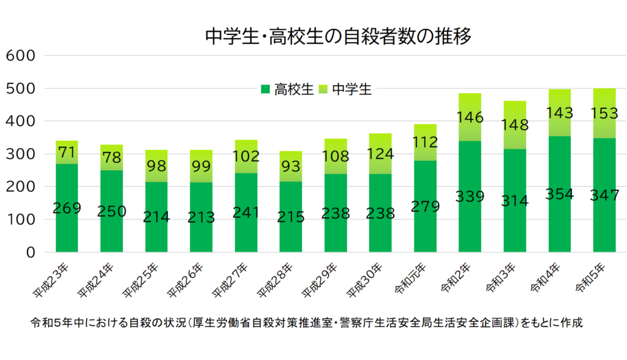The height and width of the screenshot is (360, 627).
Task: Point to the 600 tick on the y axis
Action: (21, 56)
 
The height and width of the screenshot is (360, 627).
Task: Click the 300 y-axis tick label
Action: (21, 154)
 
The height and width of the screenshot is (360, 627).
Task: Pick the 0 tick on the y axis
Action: (31, 252)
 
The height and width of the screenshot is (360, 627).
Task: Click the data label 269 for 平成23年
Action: (67, 208)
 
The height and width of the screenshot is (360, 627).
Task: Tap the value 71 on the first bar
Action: (67, 151)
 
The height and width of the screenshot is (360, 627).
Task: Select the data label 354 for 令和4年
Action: (560, 194)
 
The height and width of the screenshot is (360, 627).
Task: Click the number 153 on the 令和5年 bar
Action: (604, 113)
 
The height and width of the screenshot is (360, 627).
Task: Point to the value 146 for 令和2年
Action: (470, 117)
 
